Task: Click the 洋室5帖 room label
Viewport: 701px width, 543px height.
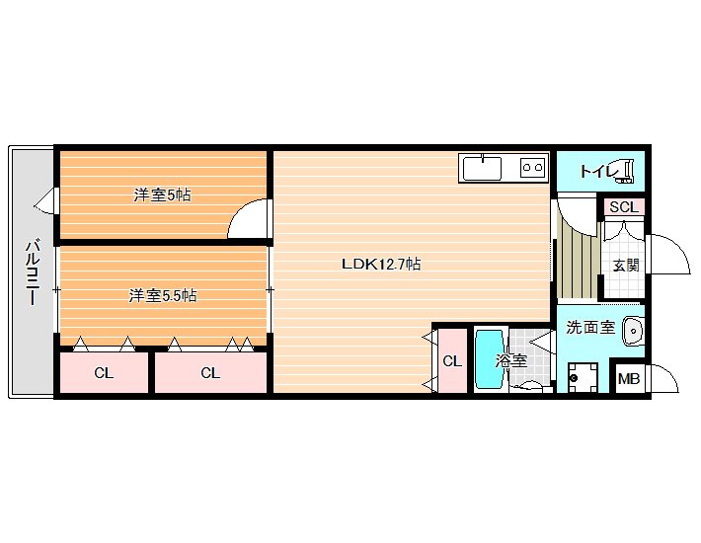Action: pyautogui.click(x=162, y=194)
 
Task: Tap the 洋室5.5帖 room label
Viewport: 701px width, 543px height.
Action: pyautogui.click(x=163, y=295)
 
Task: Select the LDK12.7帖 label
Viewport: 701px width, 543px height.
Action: pyautogui.click(x=381, y=264)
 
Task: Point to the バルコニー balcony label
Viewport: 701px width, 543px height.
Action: pyautogui.click(x=33, y=272)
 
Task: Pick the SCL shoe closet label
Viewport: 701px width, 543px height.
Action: pyautogui.click(x=624, y=207)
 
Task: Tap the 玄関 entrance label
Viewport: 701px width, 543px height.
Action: pyautogui.click(x=626, y=266)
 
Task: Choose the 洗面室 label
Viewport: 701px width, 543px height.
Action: pyautogui.click(x=590, y=327)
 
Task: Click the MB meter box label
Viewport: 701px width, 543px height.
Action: pyautogui.click(x=629, y=379)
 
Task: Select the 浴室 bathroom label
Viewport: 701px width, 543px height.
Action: pyautogui.click(x=510, y=360)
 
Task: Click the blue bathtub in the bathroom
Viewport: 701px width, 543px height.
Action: pyautogui.click(x=490, y=359)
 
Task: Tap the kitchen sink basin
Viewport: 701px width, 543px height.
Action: pyautogui.click(x=482, y=168)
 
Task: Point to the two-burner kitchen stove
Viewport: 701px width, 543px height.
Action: pyautogui.click(x=533, y=168)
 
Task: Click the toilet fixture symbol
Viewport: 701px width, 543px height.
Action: pyautogui.click(x=626, y=172)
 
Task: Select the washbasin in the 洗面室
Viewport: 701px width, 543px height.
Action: pyautogui.click(x=633, y=331)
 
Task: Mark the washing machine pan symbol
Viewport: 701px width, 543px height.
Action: pyautogui.click(x=583, y=378)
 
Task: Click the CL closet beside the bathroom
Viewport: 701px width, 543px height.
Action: pyautogui.click(x=452, y=360)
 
